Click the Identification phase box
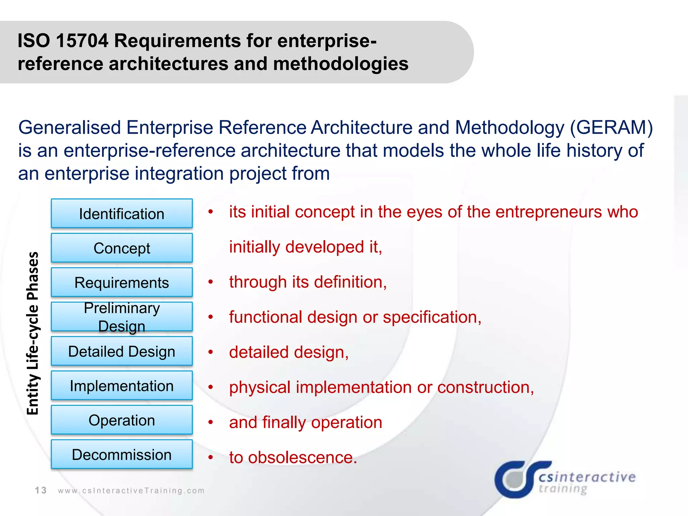pos(122,214)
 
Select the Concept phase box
pos(122,248)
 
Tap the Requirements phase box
pos(122,283)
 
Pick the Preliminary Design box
pos(122,317)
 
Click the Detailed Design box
pos(122,351)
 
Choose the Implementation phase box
pos(122,386)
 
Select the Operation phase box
pos(122,420)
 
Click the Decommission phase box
pos(122,455)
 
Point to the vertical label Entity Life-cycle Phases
pos(33,333)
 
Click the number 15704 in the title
pos(82,41)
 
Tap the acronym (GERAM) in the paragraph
pos(611,128)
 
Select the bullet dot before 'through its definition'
pos(211,282)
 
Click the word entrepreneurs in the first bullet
pos(548,212)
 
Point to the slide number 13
pos(41,490)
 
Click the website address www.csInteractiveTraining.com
pos(131,491)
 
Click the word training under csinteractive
pos(563,488)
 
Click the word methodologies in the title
pos(341,64)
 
